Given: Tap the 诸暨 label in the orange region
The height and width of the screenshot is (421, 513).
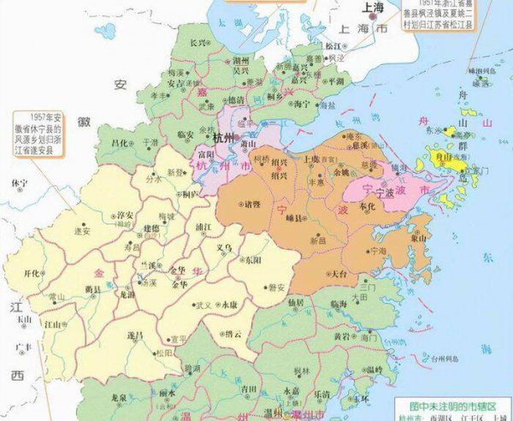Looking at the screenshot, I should [251, 205].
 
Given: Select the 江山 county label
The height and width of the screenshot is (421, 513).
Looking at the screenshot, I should [54, 324].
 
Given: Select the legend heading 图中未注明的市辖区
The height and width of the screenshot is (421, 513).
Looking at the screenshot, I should [445, 400].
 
